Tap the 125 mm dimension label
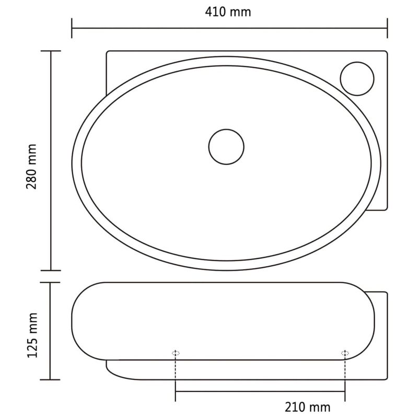[x=32, y=335]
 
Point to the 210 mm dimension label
[x=308, y=406]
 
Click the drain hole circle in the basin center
[x=226, y=146]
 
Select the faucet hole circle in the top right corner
[x=357, y=78]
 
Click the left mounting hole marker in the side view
[x=176, y=353]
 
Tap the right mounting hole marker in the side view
[x=345, y=353]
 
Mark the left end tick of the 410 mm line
[x=72, y=28]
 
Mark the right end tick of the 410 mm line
[x=387, y=28]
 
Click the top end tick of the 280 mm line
[x=51, y=51]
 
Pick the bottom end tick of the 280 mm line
[x=51, y=270]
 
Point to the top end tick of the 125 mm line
[x=51, y=283]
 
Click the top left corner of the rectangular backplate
[x=108, y=52]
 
